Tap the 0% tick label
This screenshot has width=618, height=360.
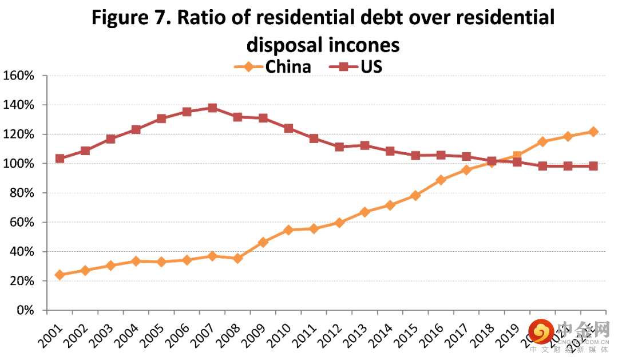pyautogui.click(x=25, y=310)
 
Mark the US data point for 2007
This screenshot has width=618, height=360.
pyautogui.click(x=212, y=108)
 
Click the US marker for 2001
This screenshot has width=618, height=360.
pyautogui.click(x=60, y=159)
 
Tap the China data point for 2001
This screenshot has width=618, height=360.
pyautogui.click(x=60, y=275)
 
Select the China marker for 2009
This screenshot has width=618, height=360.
pyautogui.click(x=263, y=242)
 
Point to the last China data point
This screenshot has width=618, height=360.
pyautogui.click(x=593, y=132)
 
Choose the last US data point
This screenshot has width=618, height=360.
pyautogui.click(x=593, y=166)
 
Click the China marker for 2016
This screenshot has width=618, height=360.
pyautogui.click(x=441, y=180)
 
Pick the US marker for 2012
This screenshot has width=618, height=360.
pyautogui.click(x=339, y=147)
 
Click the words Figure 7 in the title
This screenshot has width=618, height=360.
pyautogui.click(x=129, y=18)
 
